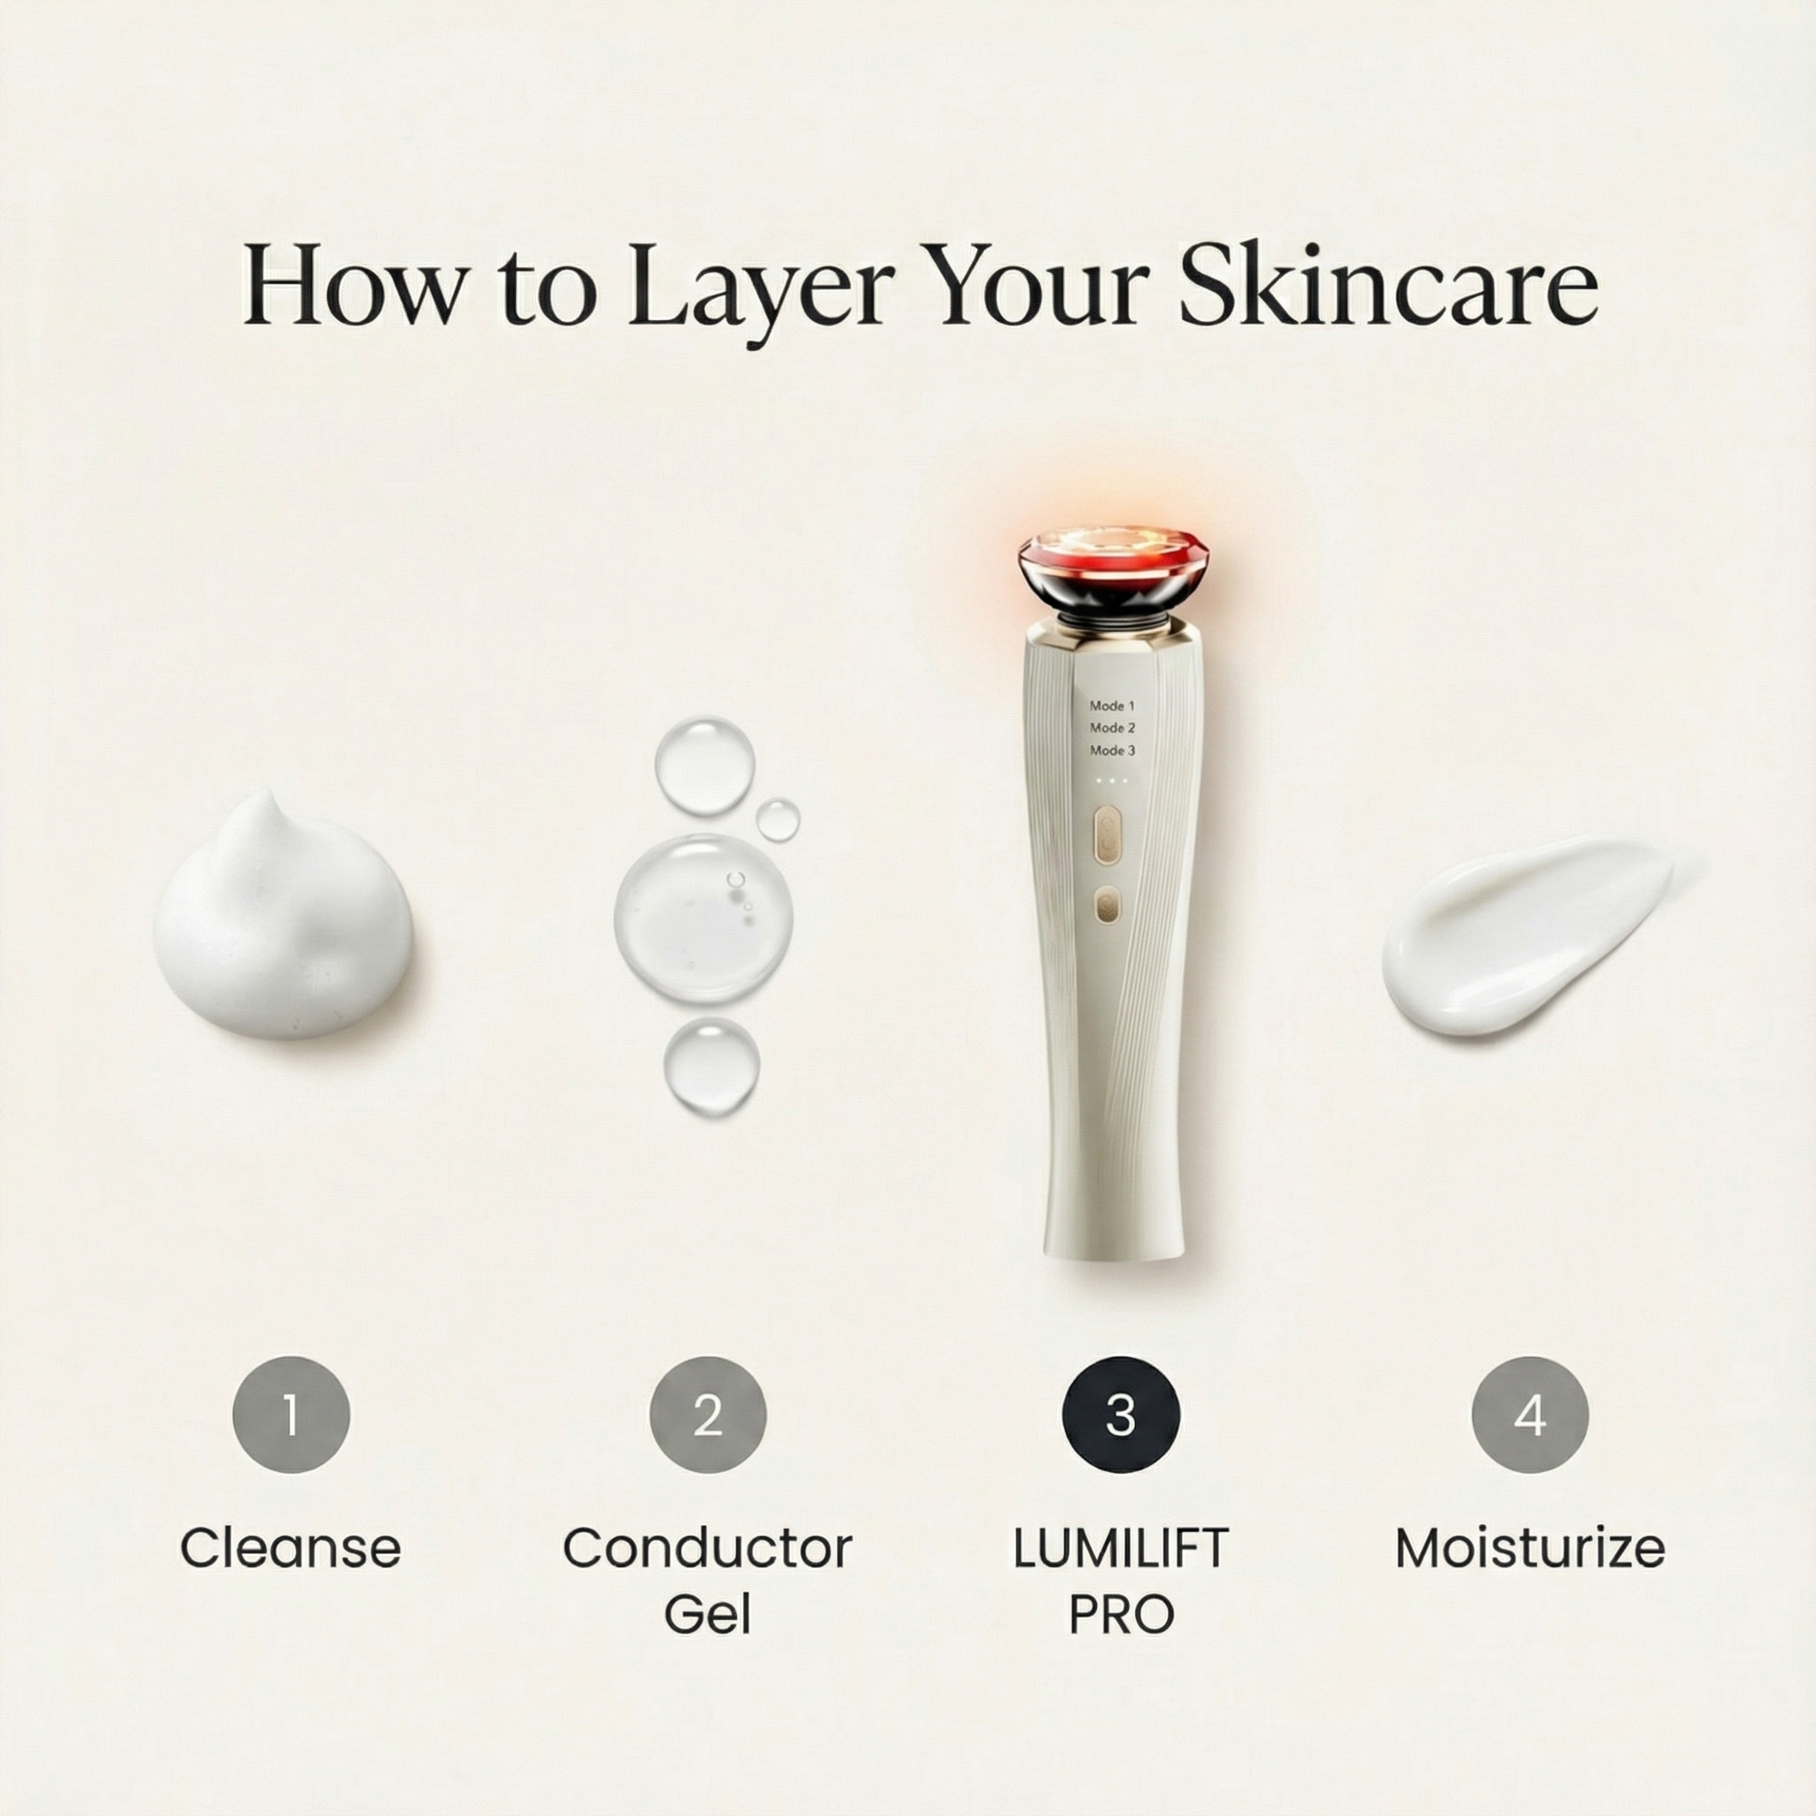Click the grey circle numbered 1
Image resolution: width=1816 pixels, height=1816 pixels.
click(292, 1414)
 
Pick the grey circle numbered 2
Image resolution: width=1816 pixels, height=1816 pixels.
click(708, 1414)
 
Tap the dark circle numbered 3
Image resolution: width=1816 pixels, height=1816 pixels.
click(1120, 1414)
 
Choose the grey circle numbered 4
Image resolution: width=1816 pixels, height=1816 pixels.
click(1530, 1414)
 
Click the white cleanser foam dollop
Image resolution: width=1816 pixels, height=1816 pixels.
click(283, 921)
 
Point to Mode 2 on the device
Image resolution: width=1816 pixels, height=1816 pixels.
click(1113, 727)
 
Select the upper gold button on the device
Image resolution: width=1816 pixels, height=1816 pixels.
click(1108, 835)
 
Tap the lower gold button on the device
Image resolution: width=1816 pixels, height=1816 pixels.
click(1108, 907)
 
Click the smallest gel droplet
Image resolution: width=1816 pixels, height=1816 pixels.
click(779, 819)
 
